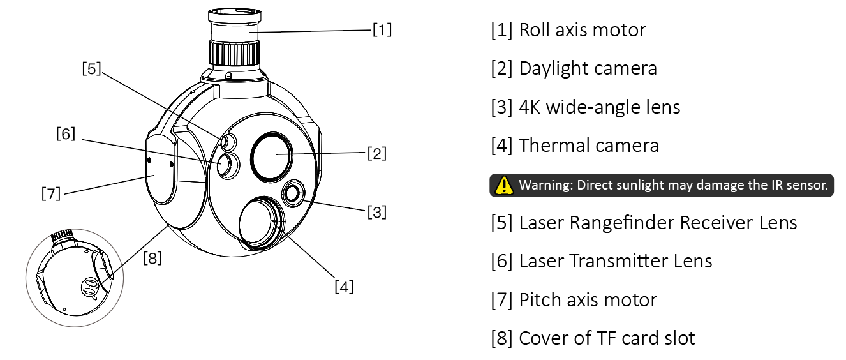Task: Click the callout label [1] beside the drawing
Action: [382, 29]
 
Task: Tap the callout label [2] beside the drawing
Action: [376, 153]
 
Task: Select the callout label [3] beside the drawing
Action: [376, 211]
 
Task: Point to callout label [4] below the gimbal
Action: [344, 286]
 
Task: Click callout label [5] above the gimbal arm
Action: [92, 68]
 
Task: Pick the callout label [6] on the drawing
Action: [66, 134]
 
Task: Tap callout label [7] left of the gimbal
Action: [51, 192]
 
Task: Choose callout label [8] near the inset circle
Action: [152, 258]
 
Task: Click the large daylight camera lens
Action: [272, 155]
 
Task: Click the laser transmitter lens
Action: [226, 165]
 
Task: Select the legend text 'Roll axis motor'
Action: [582, 30]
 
